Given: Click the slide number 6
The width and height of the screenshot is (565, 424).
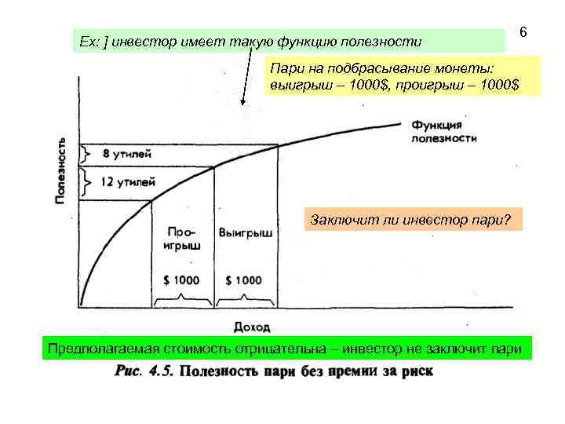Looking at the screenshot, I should [523, 34].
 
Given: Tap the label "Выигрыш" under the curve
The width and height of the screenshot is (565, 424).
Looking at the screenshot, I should [246, 233].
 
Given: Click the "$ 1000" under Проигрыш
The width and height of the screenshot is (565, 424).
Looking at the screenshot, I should [181, 280].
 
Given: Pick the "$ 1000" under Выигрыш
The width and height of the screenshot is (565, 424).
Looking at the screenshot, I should [243, 280].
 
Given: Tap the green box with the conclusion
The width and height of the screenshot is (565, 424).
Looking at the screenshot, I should [284, 348].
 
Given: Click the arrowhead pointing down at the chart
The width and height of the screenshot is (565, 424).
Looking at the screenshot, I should [244, 102].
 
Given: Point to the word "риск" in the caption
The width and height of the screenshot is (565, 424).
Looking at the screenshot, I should [415, 371].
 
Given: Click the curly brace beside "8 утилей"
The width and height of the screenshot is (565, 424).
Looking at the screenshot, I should [85, 154].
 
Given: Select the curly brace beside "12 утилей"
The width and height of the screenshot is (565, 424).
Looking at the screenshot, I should [85, 182].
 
